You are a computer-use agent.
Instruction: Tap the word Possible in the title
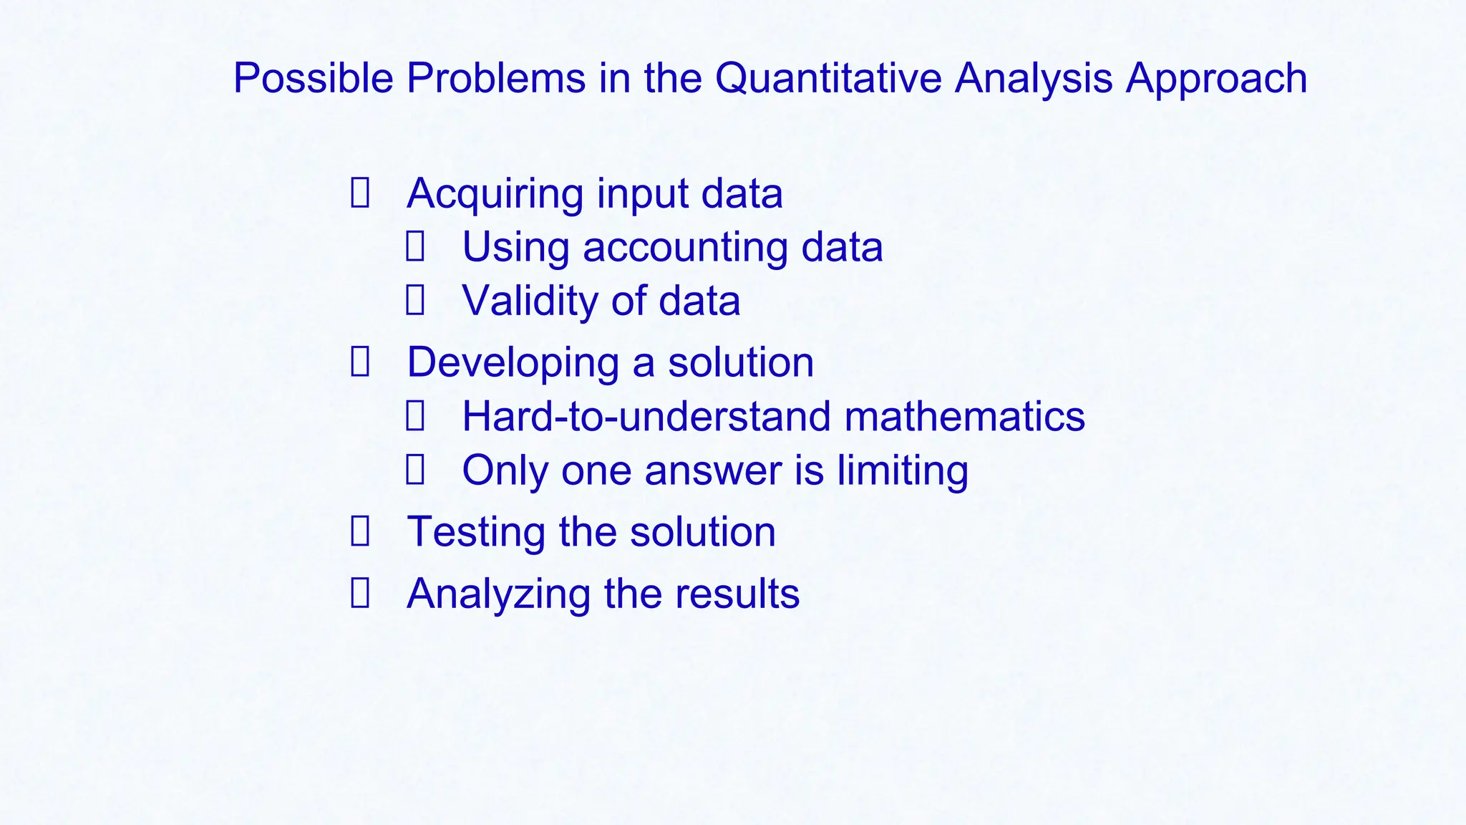(x=314, y=78)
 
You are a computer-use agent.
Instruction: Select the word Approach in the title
(x=1216, y=78)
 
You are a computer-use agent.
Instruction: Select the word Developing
(x=513, y=363)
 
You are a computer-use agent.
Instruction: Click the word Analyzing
(x=498, y=594)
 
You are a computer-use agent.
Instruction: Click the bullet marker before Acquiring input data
(x=360, y=193)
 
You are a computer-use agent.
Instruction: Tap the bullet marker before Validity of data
(x=415, y=300)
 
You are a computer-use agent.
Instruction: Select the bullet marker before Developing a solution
(x=360, y=362)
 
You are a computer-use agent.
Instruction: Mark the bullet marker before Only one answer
(x=415, y=470)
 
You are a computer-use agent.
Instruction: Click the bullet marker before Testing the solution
(x=360, y=531)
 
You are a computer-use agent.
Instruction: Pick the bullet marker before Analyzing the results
(x=360, y=593)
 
